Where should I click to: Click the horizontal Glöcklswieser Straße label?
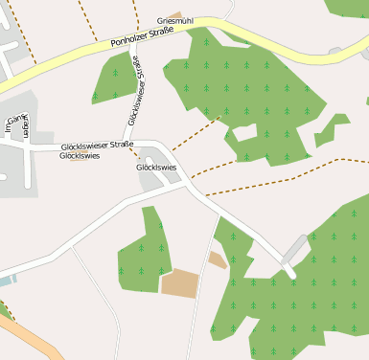click(x=97, y=145)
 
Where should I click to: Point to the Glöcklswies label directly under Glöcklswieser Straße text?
click(x=79, y=155)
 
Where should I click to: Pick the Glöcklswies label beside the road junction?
click(x=157, y=168)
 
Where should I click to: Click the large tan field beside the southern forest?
click(x=179, y=282)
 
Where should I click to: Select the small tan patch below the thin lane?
click(x=218, y=259)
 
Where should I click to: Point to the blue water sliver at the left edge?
click(x=7, y=281)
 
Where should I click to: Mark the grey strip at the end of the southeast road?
click(x=296, y=248)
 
